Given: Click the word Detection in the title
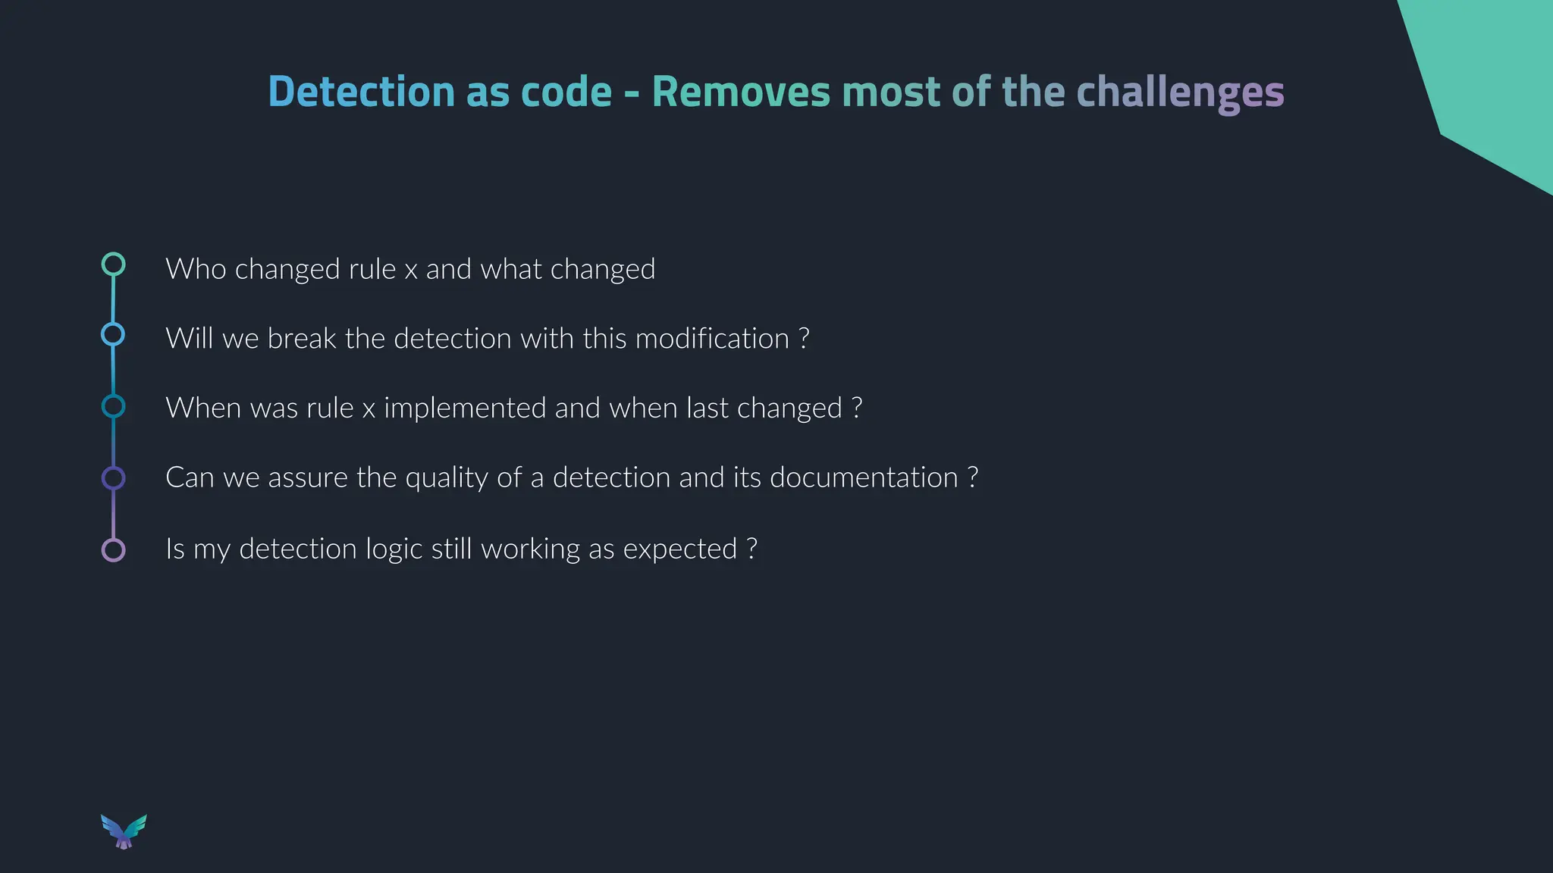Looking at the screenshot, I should point(360,92).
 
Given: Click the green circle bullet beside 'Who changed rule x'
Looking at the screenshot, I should point(113,264).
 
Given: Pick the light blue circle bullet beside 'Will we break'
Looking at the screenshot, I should point(113,334).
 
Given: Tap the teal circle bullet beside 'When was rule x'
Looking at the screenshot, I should point(113,406).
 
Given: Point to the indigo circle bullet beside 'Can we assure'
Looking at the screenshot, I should point(113,478).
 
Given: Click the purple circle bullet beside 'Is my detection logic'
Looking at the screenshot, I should point(113,549).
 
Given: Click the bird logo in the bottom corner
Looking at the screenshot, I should point(124,831).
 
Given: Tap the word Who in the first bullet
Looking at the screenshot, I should point(196,269).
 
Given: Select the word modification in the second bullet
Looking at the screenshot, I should point(712,339).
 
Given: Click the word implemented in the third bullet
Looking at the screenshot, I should point(464,408).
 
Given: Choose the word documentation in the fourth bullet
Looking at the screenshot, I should point(864,478).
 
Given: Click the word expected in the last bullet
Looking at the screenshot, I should point(679,549).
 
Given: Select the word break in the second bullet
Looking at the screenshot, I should point(301,339).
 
